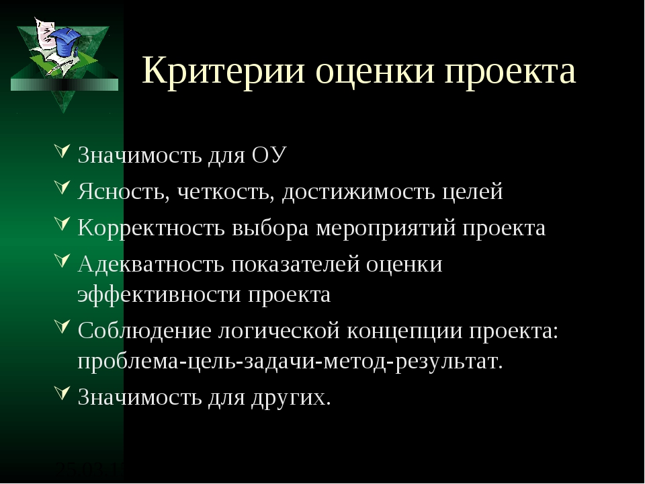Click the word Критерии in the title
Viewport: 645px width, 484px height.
tap(223, 71)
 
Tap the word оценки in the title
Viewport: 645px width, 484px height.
tap(375, 71)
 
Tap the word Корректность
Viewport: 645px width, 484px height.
tap(151, 228)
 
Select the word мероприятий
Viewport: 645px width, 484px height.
tap(386, 229)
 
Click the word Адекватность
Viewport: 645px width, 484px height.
tap(150, 264)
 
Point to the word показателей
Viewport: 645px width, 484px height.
tap(296, 264)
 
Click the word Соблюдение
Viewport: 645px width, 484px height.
tap(144, 331)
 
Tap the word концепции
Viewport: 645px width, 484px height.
tap(404, 331)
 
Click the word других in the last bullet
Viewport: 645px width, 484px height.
tap(291, 397)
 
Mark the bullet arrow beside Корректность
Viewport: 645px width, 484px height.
tap(62, 224)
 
